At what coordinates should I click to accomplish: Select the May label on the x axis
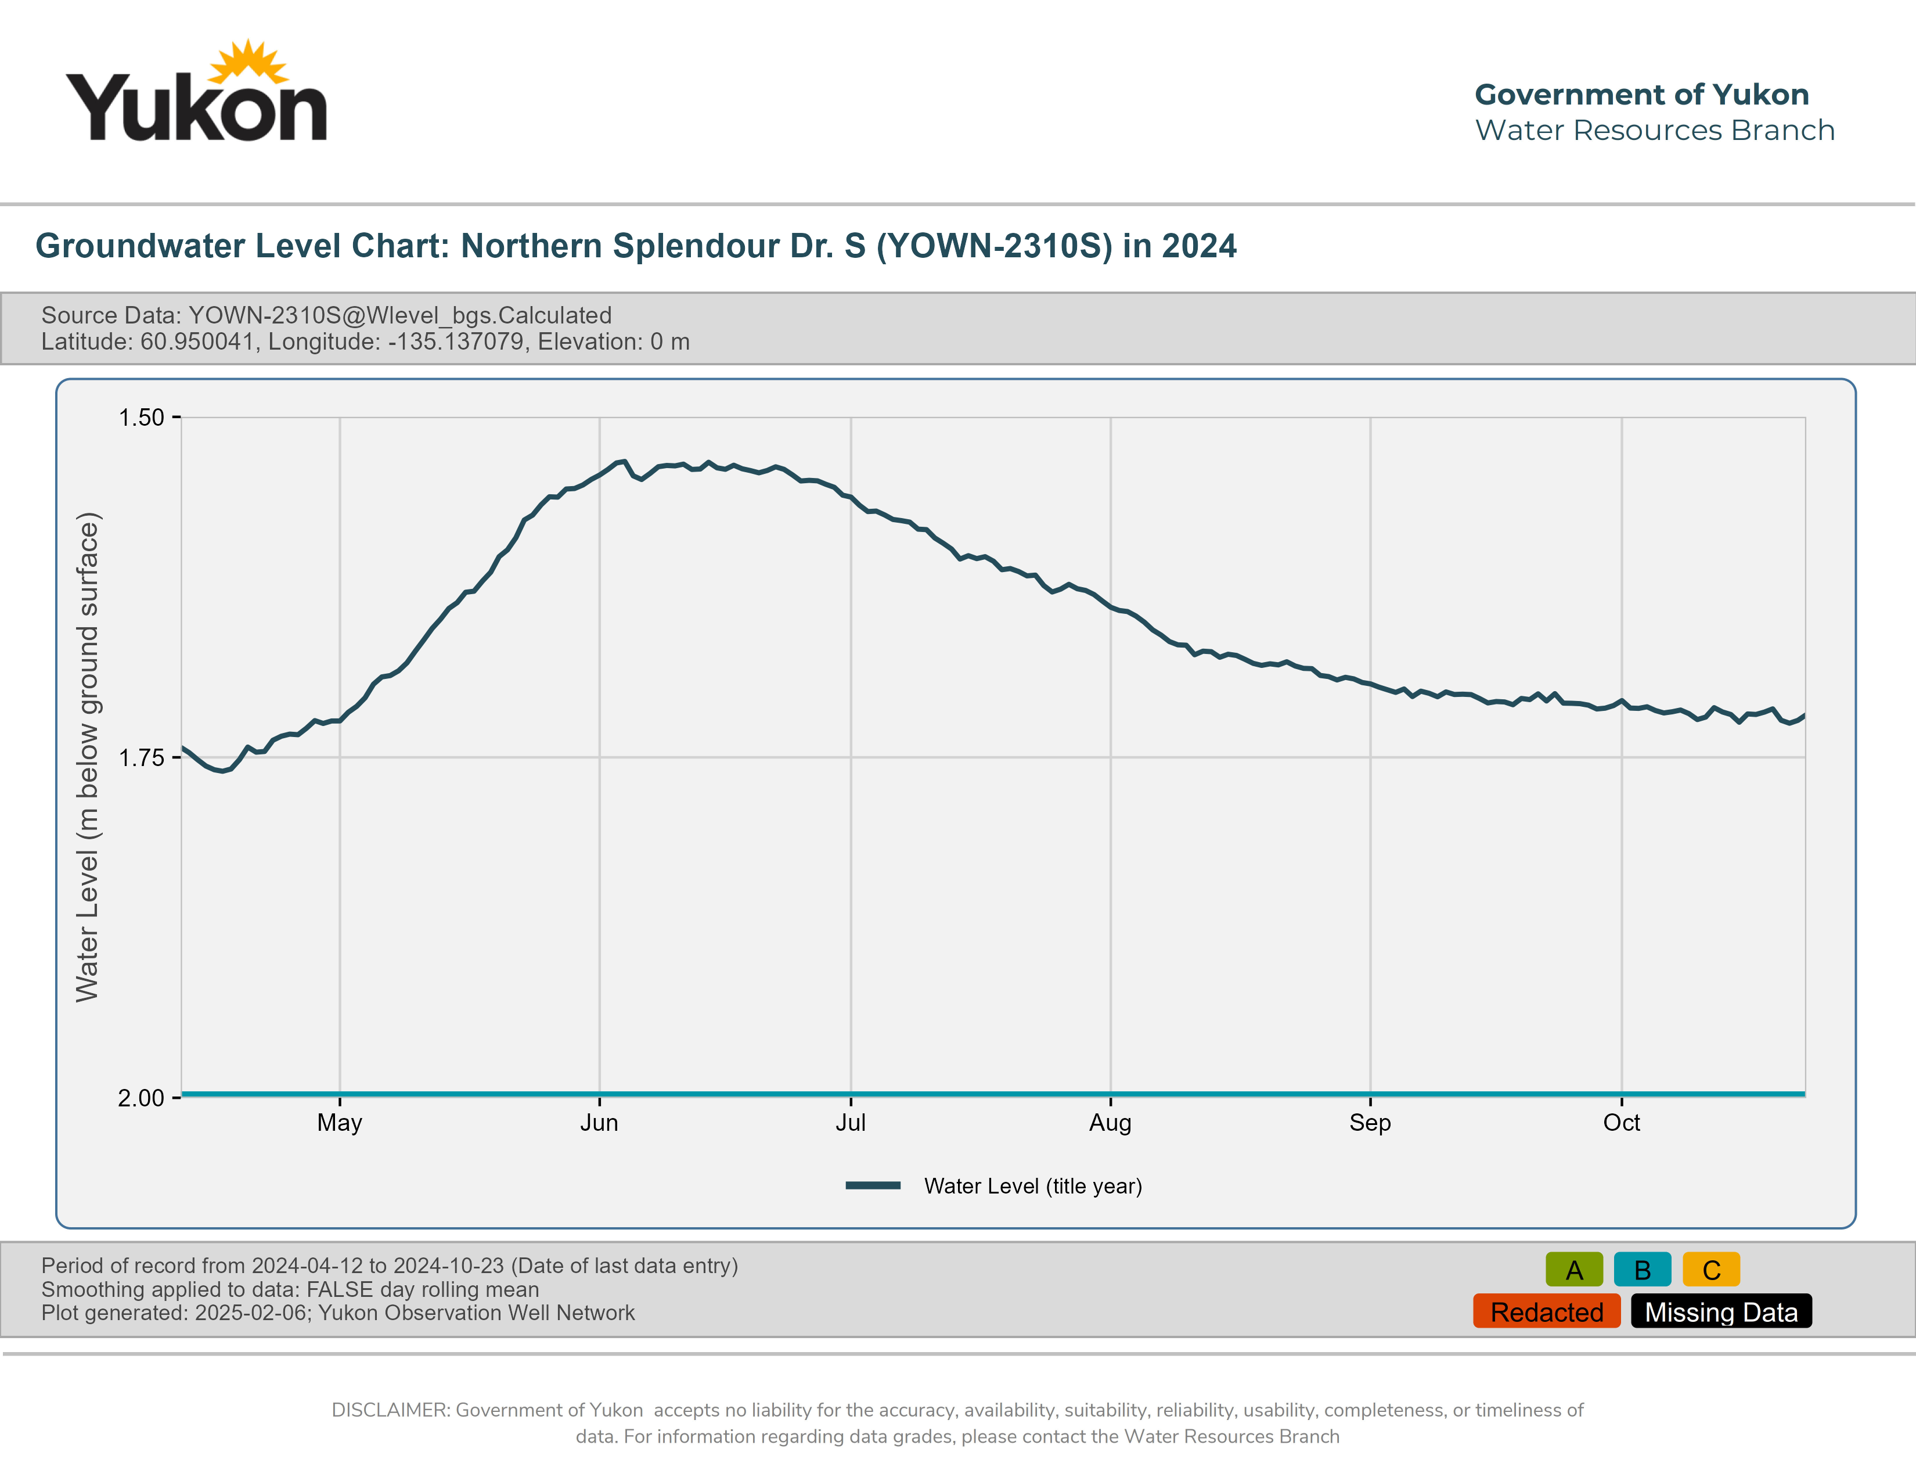pyautogui.click(x=340, y=1123)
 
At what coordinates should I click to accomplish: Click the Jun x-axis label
pyautogui.click(x=599, y=1123)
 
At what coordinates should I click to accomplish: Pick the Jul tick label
pyautogui.click(x=850, y=1123)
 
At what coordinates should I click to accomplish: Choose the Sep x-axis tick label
pyautogui.click(x=1370, y=1123)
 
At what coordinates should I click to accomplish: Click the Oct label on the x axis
pyautogui.click(x=1621, y=1123)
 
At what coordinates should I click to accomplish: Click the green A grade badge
pyautogui.click(x=1574, y=1270)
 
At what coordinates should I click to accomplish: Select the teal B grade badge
pyautogui.click(x=1643, y=1270)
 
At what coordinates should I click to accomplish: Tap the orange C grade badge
pyautogui.click(x=1710, y=1270)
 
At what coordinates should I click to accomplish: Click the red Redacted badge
pyautogui.click(x=1547, y=1311)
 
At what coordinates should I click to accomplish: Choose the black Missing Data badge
pyautogui.click(x=1721, y=1311)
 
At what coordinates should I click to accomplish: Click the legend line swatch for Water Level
pyautogui.click(x=873, y=1186)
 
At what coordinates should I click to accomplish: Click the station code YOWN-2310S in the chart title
pyautogui.click(x=995, y=246)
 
